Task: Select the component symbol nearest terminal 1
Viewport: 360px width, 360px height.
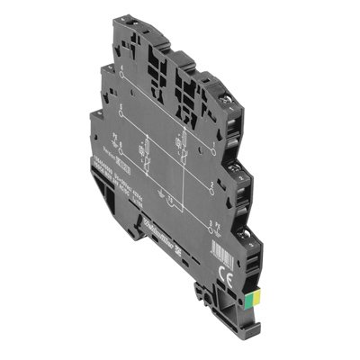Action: (x=181, y=142)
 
